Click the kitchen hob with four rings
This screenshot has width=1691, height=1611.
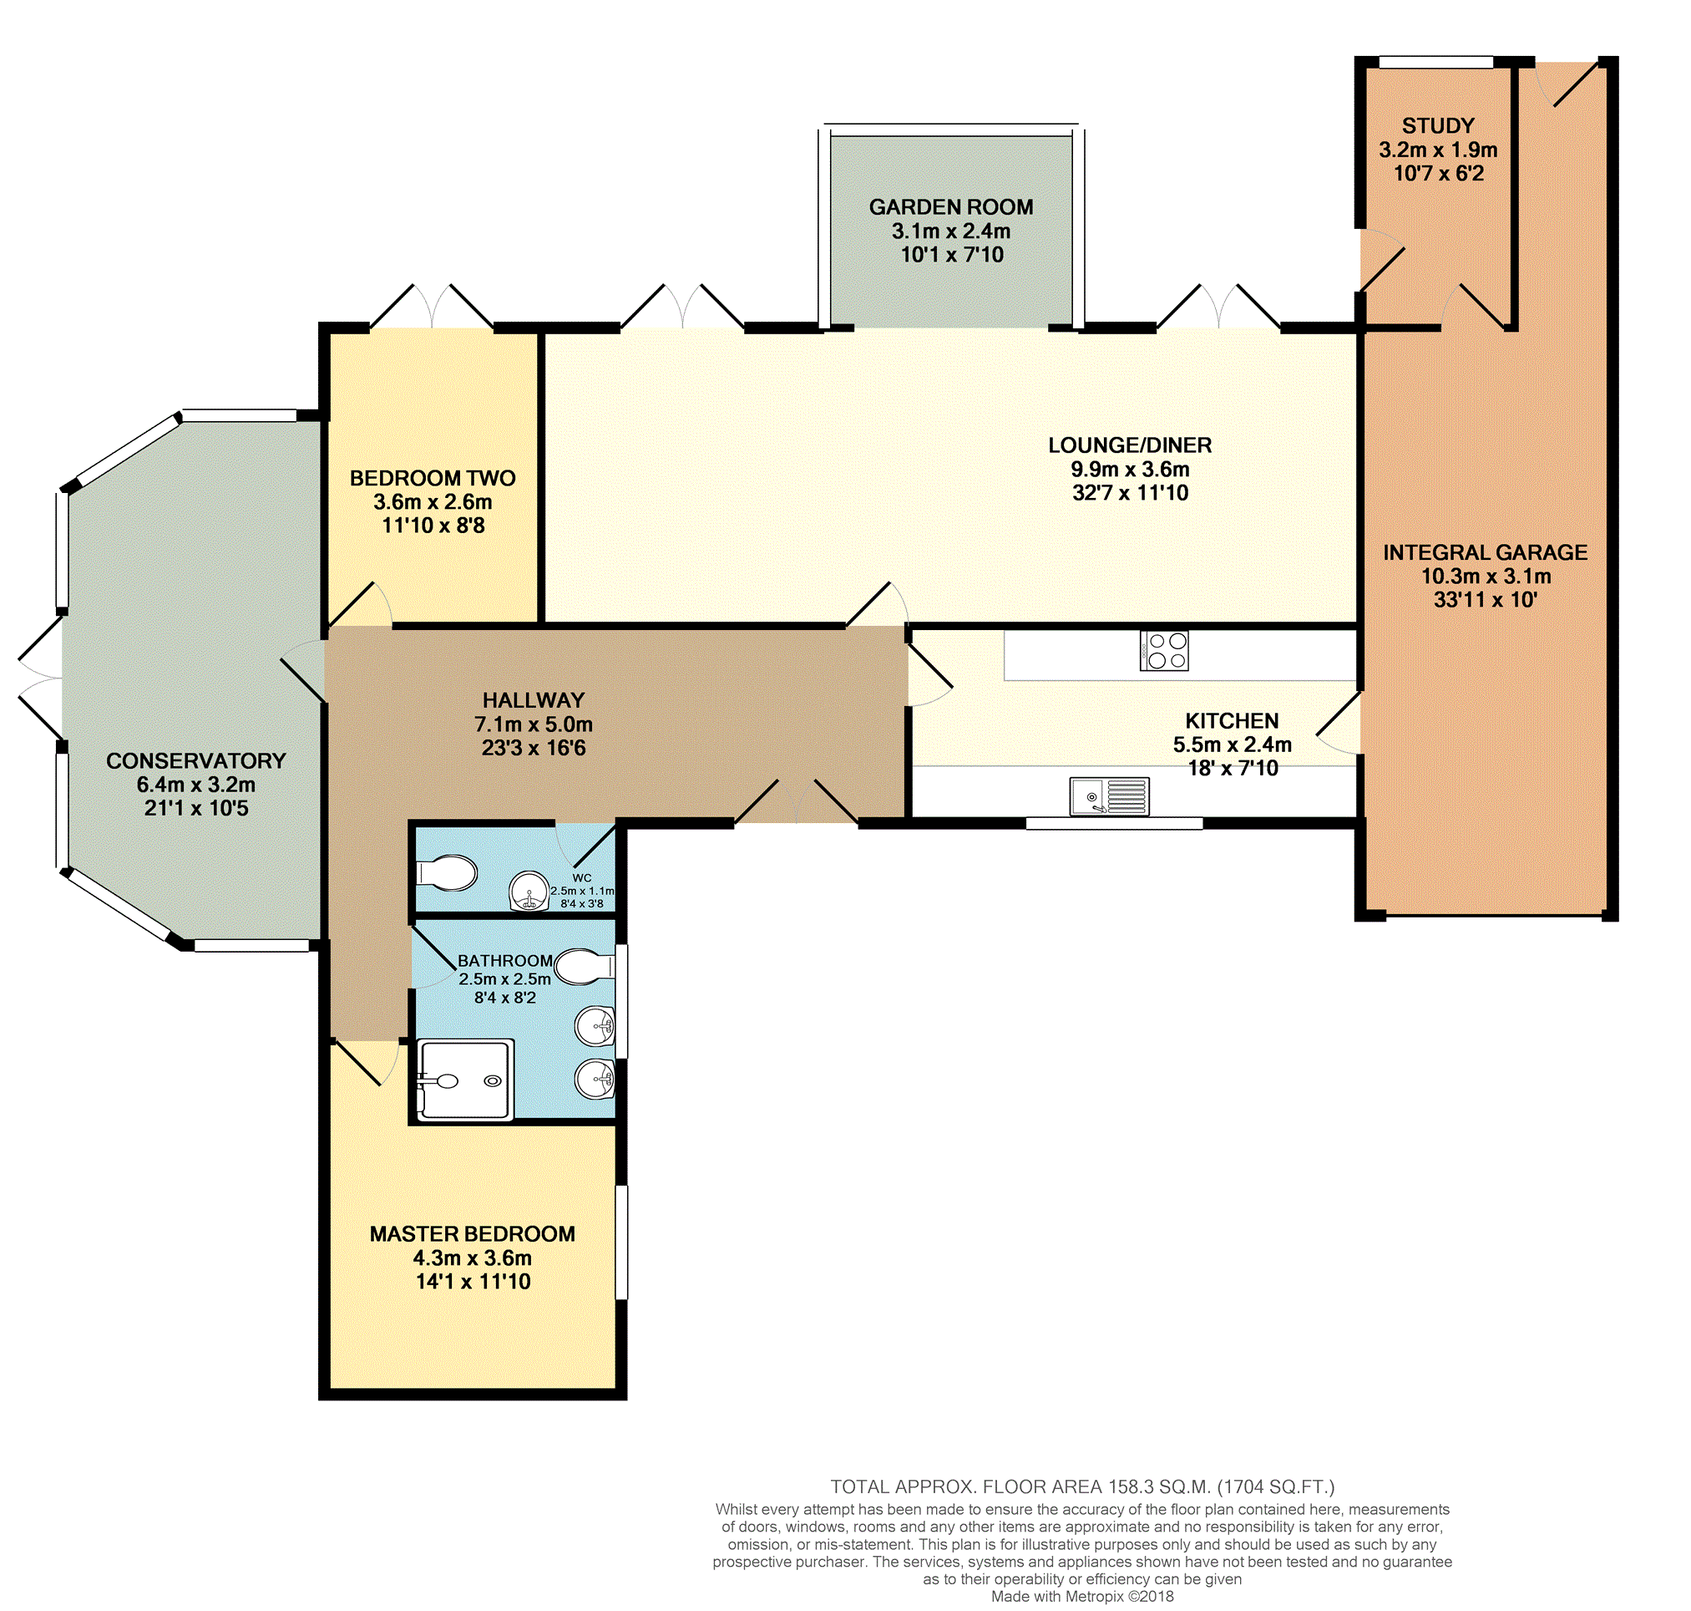[x=1164, y=650]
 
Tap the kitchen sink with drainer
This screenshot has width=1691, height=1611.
[x=1109, y=796]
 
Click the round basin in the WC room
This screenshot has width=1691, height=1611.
[x=529, y=892]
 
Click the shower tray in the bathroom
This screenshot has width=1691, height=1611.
[x=464, y=1080]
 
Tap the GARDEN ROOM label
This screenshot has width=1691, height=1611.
[x=951, y=207]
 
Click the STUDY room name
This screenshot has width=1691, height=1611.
[x=1438, y=125]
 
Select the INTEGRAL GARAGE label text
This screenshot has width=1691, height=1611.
[x=1485, y=552]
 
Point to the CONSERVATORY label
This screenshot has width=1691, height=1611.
[x=195, y=761]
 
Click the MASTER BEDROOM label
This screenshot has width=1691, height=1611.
[x=472, y=1234]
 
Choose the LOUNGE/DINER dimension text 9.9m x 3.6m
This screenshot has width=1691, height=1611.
[x=1130, y=469]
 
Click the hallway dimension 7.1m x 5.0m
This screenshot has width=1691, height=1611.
[x=533, y=724]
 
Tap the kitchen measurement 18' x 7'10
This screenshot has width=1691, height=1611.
[x=1233, y=768]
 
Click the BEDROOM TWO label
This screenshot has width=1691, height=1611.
[x=433, y=478]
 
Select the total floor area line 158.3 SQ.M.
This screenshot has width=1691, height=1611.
[x=1082, y=1487]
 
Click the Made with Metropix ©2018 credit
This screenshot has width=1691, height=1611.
[x=1082, y=1597]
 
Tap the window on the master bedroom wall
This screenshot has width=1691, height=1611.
[x=621, y=1242]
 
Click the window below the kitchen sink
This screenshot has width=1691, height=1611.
[x=1114, y=824]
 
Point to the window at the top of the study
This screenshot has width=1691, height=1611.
[x=1436, y=62]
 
